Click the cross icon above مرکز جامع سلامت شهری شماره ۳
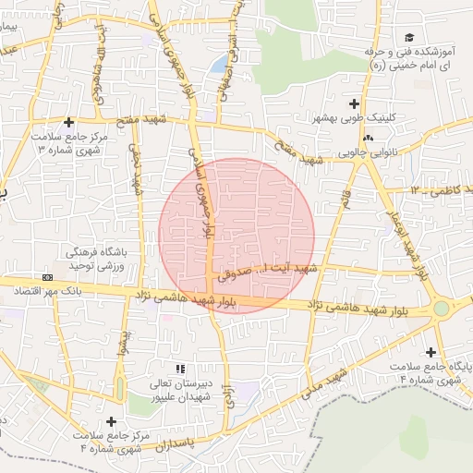68,122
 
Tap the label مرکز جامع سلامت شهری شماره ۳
68,142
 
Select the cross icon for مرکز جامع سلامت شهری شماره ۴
112,421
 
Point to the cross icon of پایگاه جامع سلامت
431,352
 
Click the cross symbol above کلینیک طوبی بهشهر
355,103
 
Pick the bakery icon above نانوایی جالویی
369,139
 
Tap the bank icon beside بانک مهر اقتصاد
47,277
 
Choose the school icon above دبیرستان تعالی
179,369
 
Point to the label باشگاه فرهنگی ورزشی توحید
88,259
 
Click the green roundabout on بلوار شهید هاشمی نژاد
442,308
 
